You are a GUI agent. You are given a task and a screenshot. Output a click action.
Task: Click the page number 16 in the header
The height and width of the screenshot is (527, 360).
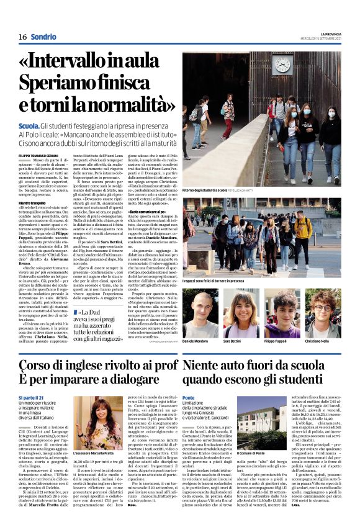(x=22, y=37)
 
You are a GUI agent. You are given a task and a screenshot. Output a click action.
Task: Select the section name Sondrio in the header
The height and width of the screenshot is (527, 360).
(x=43, y=37)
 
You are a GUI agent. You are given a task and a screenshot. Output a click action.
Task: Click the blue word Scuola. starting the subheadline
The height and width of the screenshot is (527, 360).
(x=30, y=126)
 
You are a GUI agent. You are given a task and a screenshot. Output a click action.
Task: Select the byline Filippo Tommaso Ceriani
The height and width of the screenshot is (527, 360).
(x=38, y=155)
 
